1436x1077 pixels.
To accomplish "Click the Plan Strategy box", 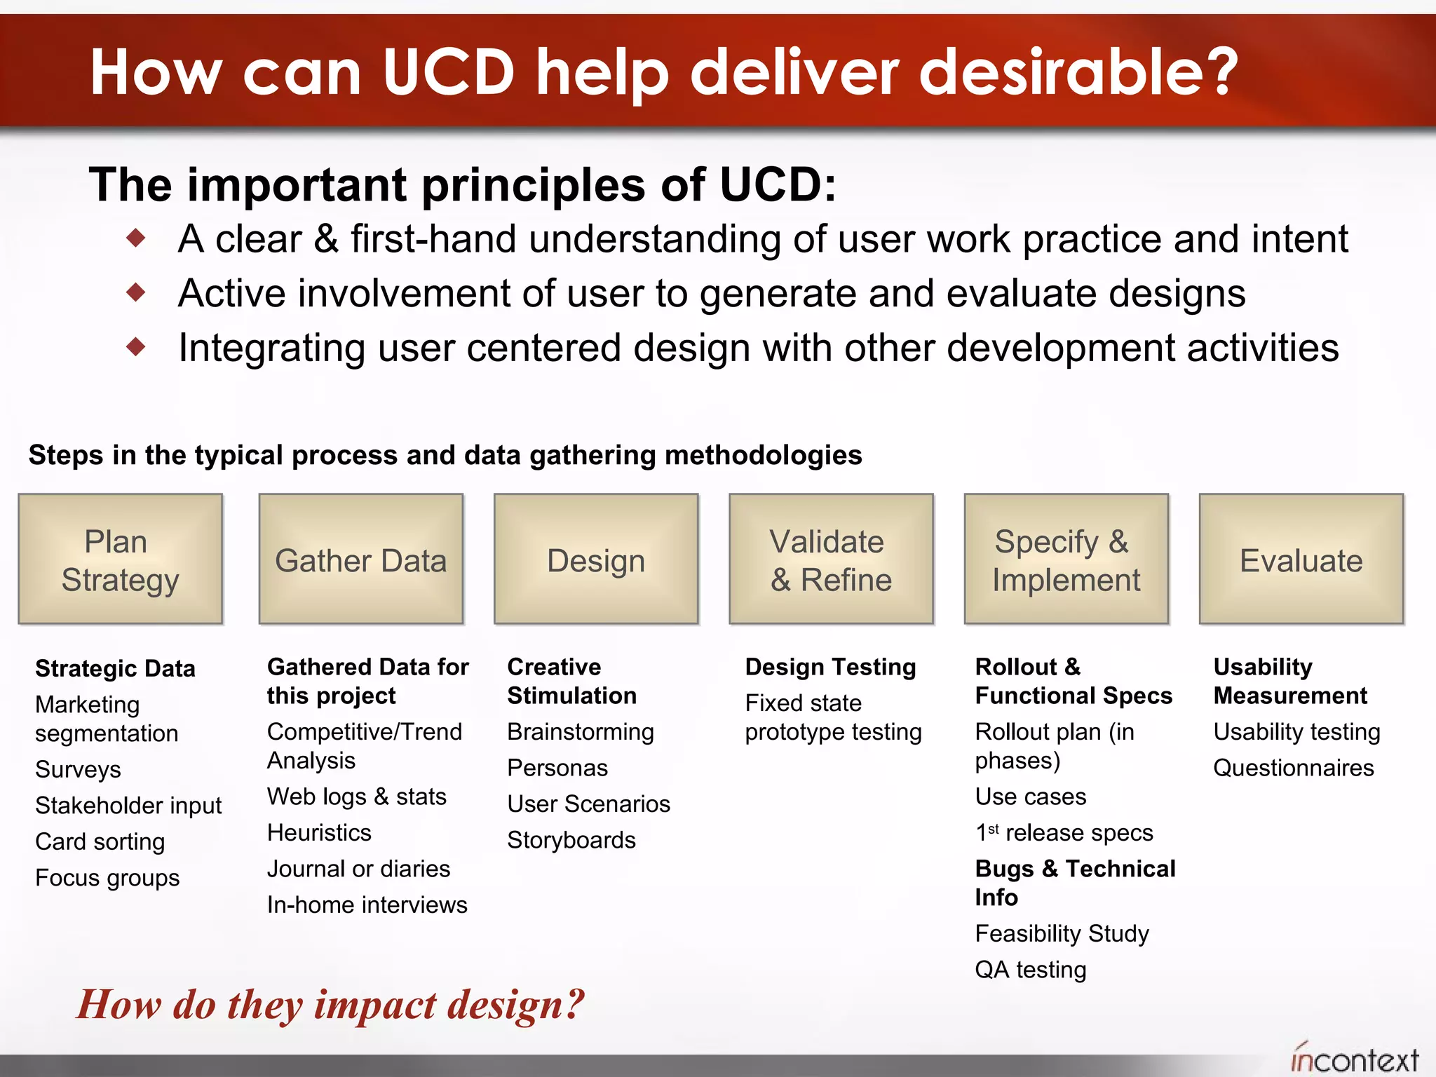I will [x=120, y=559].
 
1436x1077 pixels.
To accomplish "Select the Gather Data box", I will [x=360, y=559].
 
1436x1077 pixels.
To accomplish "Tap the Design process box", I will [x=595, y=559].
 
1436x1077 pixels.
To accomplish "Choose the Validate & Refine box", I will [x=831, y=559].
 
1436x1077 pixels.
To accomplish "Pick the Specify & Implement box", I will [x=1066, y=559].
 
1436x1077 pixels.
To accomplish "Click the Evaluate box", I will [x=1301, y=559].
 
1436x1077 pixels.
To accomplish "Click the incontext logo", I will [x=1354, y=1059].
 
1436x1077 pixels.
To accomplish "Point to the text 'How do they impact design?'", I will [x=330, y=1004].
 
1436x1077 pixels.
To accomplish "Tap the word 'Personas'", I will [x=557, y=768].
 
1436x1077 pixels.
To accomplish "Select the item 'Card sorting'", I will [x=100, y=841].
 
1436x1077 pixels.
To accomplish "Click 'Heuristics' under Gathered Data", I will [x=319, y=833].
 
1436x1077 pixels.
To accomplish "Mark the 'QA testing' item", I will [x=1030, y=970].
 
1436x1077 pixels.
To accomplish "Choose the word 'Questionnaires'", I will [x=1293, y=768].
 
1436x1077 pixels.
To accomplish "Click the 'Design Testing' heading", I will [x=830, y=667].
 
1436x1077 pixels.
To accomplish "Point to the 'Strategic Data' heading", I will [x=115, y=668].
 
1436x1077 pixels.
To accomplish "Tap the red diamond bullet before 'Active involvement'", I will [x=136, y=292].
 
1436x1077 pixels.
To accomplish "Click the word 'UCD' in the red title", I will [x=449, y=72].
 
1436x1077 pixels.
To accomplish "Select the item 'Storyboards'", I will [x=571, y=840].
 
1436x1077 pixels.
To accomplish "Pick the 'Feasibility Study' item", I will [x=1062, y=934].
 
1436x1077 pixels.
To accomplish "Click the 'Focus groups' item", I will [x=107, y=878].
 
